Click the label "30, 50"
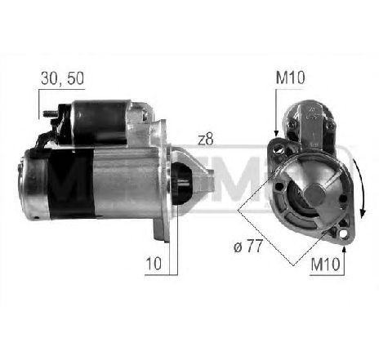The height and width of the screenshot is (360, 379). tap(61, 79)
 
